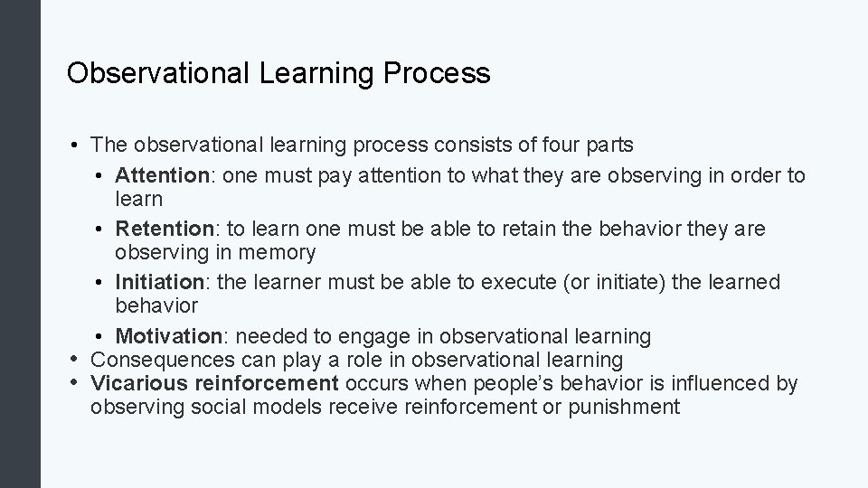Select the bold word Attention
point(163,175)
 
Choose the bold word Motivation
point(169,336)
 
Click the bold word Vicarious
point(137,383)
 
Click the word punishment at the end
point(624,407)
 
